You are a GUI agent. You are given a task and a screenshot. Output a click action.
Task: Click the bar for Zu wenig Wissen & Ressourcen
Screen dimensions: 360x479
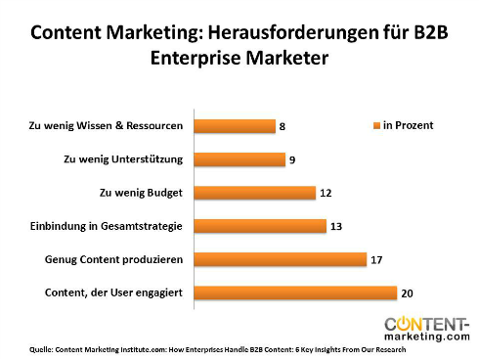pyautogui.click(x=235, y=126)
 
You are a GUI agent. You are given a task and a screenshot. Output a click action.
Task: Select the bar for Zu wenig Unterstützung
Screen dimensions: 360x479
pyautogui.click(x=239, y=159)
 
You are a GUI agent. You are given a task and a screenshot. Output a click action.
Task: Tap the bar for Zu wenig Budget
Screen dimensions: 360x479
pyautogui.click(x=255, y=193)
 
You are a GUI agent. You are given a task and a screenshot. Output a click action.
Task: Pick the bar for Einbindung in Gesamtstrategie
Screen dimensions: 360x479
pyautogui.click(x=260, y=226)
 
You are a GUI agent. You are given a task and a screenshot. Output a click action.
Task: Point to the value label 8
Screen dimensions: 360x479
pyautogui.click(x=283, y=126)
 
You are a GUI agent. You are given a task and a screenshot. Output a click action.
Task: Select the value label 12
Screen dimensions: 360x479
pyautogui.click(x=326, y=193)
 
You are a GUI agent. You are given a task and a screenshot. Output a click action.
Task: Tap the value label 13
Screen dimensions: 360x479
pyautogui.click(x=335, y=226)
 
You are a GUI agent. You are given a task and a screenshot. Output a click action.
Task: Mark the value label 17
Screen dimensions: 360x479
pyautogui.click(x=376, y=259)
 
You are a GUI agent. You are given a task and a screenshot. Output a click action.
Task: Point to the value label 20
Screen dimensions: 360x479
pyautogui.click(x=408, y=292)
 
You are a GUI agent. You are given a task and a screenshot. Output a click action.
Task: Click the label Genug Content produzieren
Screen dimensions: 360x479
pyautogui.click(x=114, y=259)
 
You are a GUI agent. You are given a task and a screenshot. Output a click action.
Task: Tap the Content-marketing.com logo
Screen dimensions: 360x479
pyautogui.click(x=426, y=328)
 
